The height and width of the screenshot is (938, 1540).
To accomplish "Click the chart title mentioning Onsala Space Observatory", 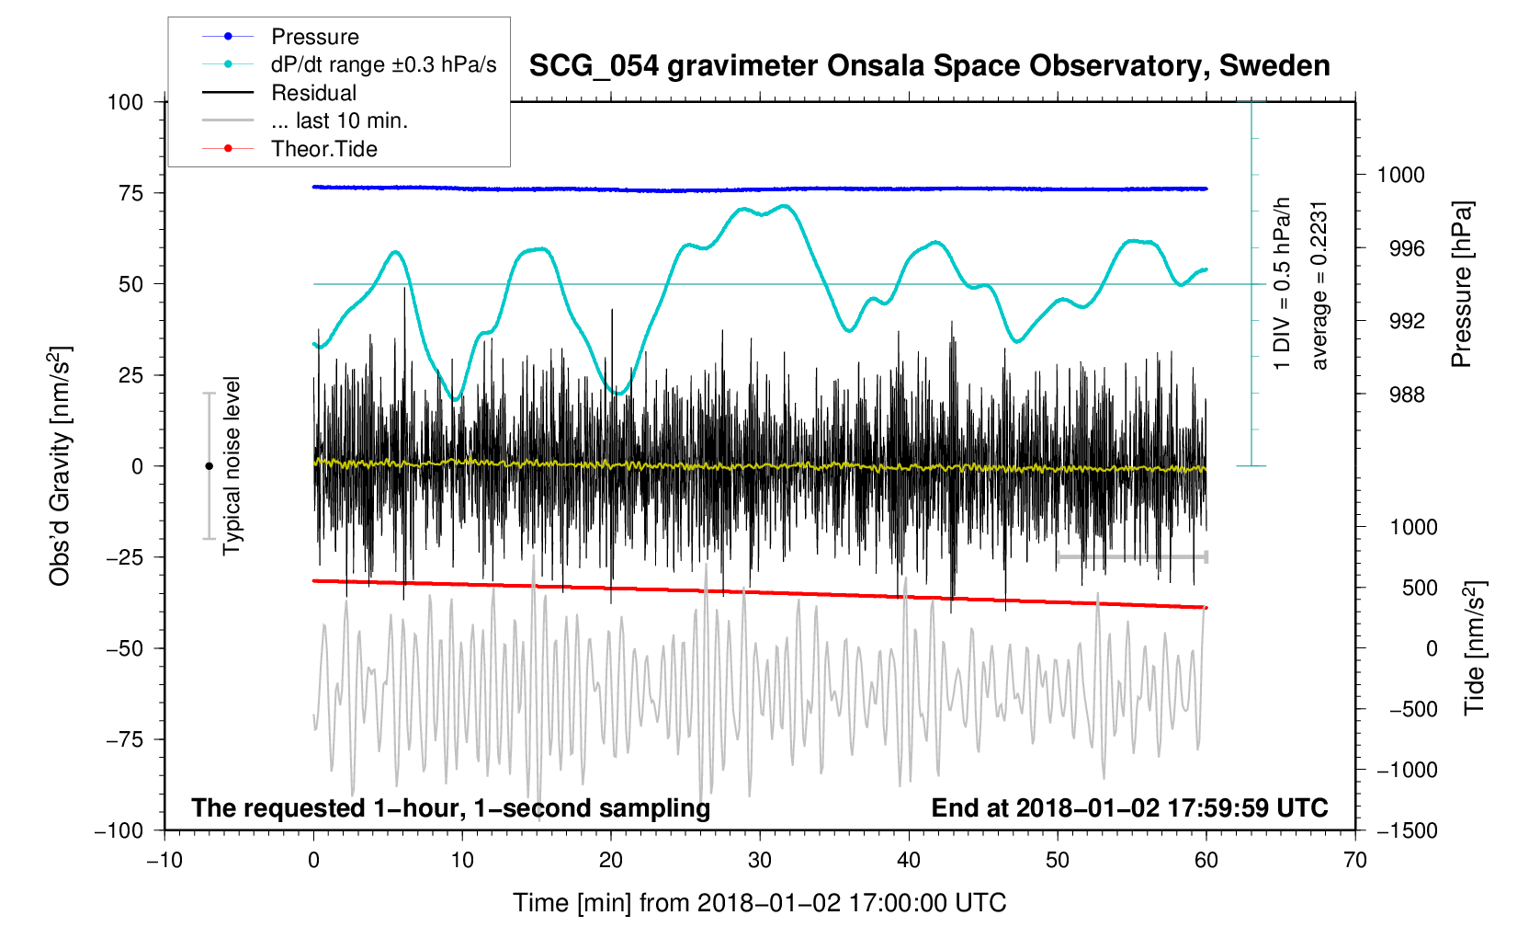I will pyautogui.click(x=929, y=66).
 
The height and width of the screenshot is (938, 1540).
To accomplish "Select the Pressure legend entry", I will pyautogui.click(x=314, y=37).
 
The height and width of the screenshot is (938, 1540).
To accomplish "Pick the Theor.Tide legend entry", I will pyautogui.click(x=323, y=149).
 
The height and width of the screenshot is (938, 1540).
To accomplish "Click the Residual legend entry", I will pyautogui.click(x=313, y=93).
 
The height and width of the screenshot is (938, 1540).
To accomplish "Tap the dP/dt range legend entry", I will pyautogui.click(x=383, y=64).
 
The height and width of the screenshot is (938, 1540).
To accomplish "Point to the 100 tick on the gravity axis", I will pyautogui.click(x=126, y=102).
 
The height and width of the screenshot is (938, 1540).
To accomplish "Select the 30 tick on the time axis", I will pyautogui.click(x=759, y=861).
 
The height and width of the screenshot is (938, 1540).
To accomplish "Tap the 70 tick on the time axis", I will pyautogui.click(x=1354, y=861).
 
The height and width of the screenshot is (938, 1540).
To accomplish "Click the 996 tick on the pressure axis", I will pyautogui.click(x=1400, y=248).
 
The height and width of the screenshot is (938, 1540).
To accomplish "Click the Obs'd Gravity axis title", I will pyautogui.click(x=60, y=466).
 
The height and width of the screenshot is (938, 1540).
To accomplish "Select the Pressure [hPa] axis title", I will pyautogui.click(x=1462, y=285).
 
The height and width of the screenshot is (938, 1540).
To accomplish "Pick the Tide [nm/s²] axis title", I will pyautogui.click(x=1475, y=648).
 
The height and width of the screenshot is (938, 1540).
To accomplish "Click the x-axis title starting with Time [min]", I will pyautogui.click(x=759, y=903).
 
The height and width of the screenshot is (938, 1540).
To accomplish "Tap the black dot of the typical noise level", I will pyautogui.click(x=209, y=466).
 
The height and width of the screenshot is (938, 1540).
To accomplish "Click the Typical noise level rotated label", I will pyautogui.click(x=232, y=466).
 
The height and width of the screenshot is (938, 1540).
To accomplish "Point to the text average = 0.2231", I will pyautogui.click(x=1319, y=285).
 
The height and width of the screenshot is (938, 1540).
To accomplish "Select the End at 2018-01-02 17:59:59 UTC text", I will pyautogui.click(x=1129, y=808).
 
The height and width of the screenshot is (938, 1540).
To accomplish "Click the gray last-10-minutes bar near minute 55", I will pyautogui.click(x=1132, y=557).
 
